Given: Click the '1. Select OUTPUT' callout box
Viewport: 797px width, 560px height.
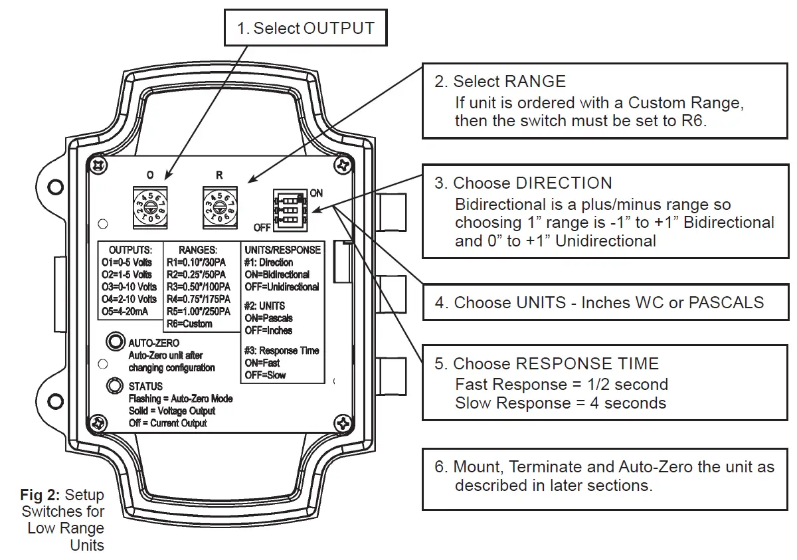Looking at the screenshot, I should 305,27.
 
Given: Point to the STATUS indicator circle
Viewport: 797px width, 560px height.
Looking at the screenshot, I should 116,386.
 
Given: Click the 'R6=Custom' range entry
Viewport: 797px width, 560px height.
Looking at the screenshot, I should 189,324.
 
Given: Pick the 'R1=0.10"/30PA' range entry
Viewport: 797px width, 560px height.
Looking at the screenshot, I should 197,262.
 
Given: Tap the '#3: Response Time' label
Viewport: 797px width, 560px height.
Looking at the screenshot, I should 282,350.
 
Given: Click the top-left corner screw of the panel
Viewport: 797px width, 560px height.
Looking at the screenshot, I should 98,163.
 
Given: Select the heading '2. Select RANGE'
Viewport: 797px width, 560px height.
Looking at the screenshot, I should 500,82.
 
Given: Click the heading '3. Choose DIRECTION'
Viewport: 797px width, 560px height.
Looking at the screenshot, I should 523,183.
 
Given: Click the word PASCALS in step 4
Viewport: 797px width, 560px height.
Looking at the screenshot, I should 726,303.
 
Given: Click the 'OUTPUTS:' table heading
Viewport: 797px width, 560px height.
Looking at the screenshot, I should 131,250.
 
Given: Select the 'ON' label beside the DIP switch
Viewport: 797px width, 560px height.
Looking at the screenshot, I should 316,193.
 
